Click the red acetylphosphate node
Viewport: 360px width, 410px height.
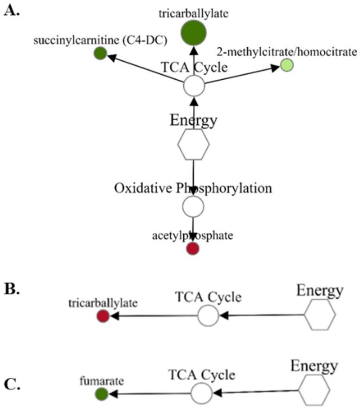[x=193, y=249]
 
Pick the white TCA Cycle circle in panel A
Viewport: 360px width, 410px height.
[x=194, y=86]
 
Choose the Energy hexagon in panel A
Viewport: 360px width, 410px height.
[x=193, y=144]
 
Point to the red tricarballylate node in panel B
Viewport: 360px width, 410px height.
[x=103, y=316]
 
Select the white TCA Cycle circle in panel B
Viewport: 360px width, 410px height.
[x=208, y=316]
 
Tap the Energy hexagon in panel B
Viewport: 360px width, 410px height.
[x=320, y=315]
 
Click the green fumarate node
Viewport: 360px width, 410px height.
[x=102, y=394]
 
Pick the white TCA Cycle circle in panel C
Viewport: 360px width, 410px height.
[x=201, y=393]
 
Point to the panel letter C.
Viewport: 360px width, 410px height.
[x=11, y=384]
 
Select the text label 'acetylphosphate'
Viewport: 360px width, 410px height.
[x=193, y=236]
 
